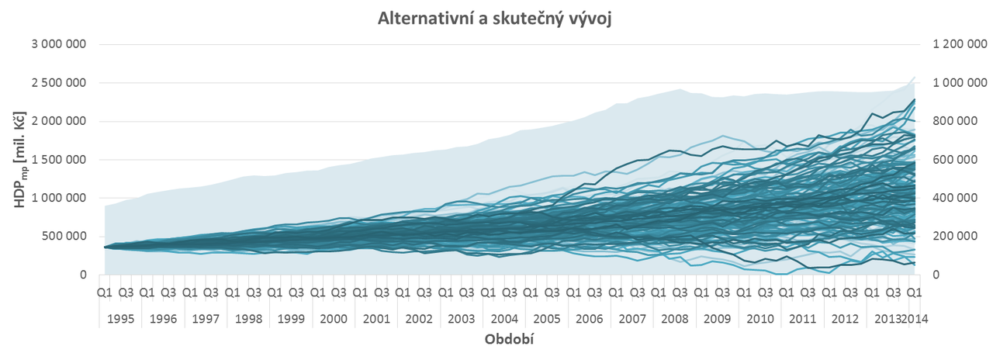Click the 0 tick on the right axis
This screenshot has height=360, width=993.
click(941, 275)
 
